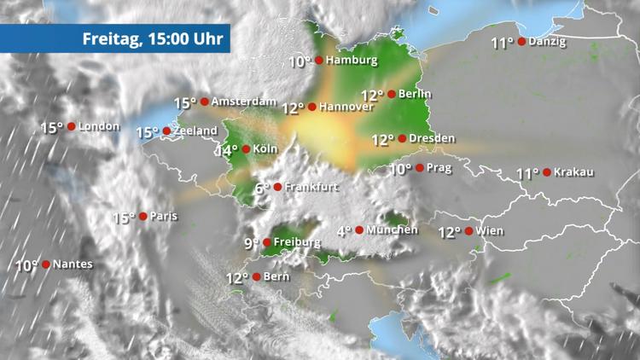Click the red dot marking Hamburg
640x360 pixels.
pos(318,61)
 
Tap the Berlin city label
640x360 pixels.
pos(415,94)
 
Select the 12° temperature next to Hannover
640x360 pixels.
pos(292,108)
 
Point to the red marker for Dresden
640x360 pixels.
pos(402,138)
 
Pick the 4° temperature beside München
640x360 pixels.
pos(344,230)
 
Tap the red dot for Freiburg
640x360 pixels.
pos(267,242)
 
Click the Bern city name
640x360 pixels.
pos(277,276)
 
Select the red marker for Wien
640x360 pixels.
pos(468,230)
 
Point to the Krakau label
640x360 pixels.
pos(573,172)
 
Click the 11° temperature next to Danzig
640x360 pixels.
pos(503,43)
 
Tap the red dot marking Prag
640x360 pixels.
pos(419,167)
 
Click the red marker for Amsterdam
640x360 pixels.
pos(204,102)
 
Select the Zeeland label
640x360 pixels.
pos(194,131)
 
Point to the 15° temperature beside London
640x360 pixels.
pos(51,128)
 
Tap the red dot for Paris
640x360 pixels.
pos(143,216)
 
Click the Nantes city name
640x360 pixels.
pos(73,264)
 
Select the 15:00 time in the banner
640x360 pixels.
pos(165,38)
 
